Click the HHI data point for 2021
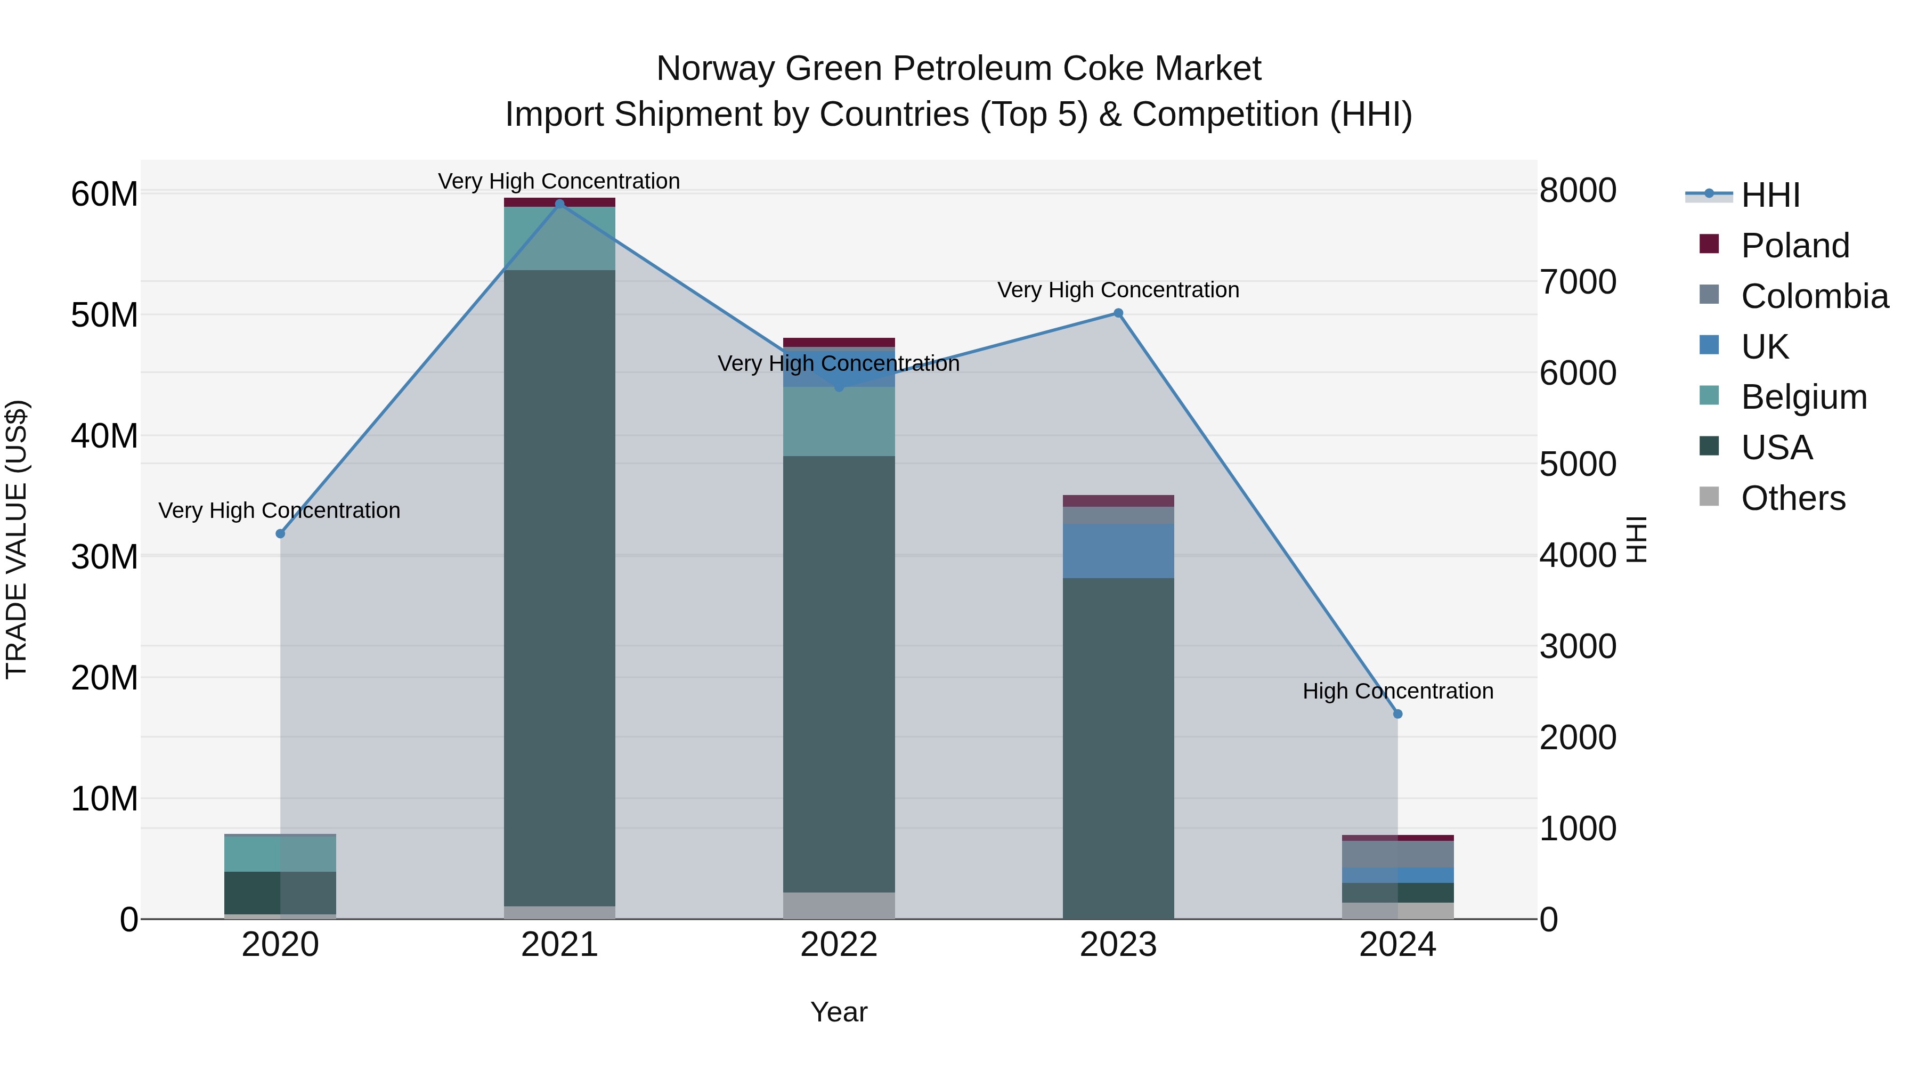pyautogui.click(x=560, y=204)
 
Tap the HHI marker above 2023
pyautogui.click(x=1118, y=313)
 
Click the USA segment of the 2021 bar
pyautogui.click(x=560, y=588)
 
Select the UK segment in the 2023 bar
pyautogui.click(x=1118, y=551)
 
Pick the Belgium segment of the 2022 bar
pyautogui.click(x=839, y=421)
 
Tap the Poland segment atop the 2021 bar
pyautogui.click(x=560, y=202)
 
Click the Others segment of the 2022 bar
pyautogui.click(x=839, y=905)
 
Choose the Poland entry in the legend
pyautogui.click(x=1794, y=246)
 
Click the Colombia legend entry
pyautogui.click(x=1814, y=296)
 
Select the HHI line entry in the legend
pyautogui.click(x=1770, y=195)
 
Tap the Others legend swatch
pyautogui.click(x=1710, y=497)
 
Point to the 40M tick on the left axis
pyautogui.click(x=104, y=436)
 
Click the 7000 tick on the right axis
pyautogui.click(x=1578, y=282)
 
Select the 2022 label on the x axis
pyautogui.click(x=839, y=945)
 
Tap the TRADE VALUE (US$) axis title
pyautogui.click(x=17, y=539)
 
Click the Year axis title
pyautogui.click(x=839, y=1012)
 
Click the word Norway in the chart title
pyautogui.click(x=715, y=69)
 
